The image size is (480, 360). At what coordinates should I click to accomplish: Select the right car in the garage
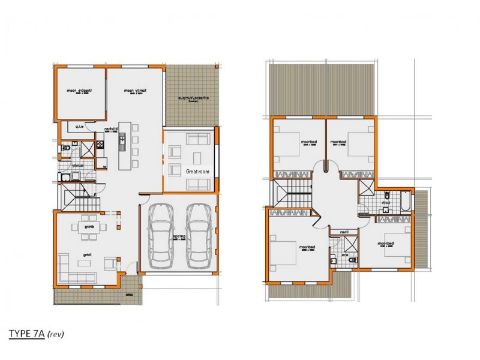coord(199,236)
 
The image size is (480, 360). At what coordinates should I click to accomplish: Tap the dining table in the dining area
coord(89,227)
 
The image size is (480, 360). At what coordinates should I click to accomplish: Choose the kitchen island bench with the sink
coord(124,145)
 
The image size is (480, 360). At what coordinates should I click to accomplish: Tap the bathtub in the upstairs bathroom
coord(407,202)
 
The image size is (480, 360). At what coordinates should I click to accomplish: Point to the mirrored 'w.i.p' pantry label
coord(79,127)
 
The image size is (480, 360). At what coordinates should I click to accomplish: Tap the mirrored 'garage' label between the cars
coord(179,237)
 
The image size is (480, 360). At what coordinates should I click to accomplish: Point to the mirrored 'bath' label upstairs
coord(388,203)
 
